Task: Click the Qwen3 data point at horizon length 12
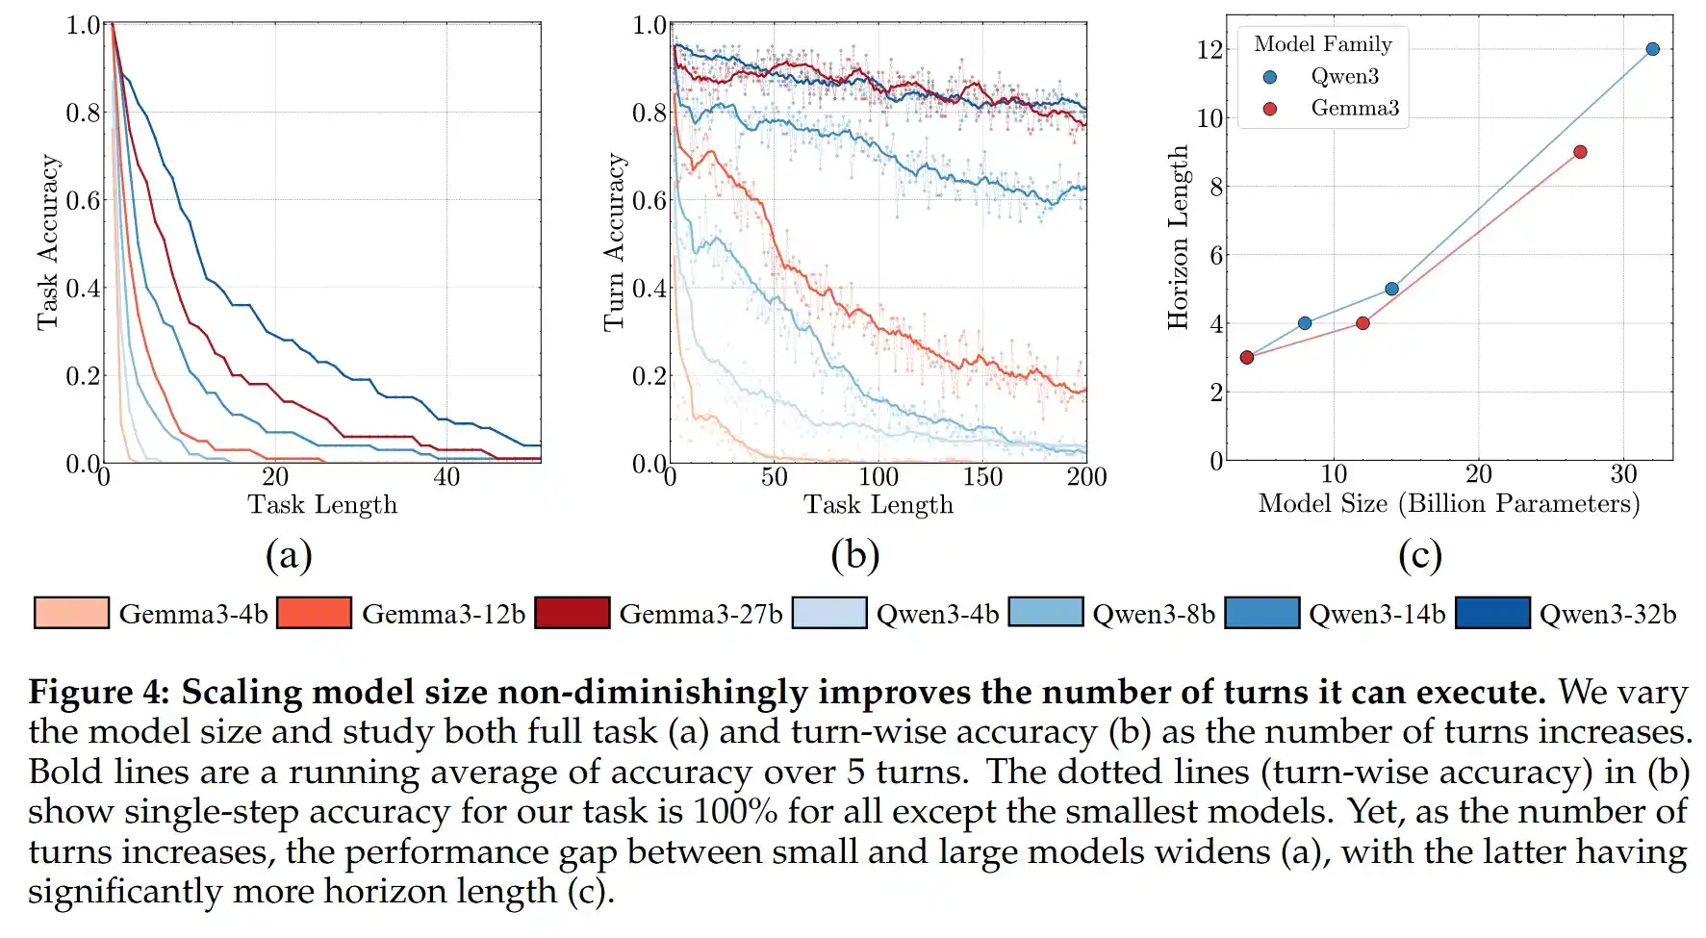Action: (1652, 49)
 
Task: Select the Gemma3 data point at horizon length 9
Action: (1580, 152)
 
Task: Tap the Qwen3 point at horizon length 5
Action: (1391, 289)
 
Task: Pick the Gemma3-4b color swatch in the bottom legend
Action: (71, 614)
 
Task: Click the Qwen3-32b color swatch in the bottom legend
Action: (1492, 614)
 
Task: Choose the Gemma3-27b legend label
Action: (700, 614)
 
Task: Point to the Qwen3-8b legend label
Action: (1154, 614)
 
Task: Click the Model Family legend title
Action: (1323, 44)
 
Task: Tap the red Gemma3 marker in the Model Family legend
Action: (1270, 109)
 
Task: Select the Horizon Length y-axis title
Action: (1178, 238)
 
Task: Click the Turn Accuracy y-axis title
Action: (614, 242)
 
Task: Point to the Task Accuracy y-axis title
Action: (48, 242)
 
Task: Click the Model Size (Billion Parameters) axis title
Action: (1448, 503)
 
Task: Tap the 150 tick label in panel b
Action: (982, 477)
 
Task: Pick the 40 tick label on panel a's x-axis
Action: (446, 477)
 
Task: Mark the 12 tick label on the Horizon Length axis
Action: (1209, 50)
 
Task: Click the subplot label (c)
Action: (1420, 555)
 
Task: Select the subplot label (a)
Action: (289, 555)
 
